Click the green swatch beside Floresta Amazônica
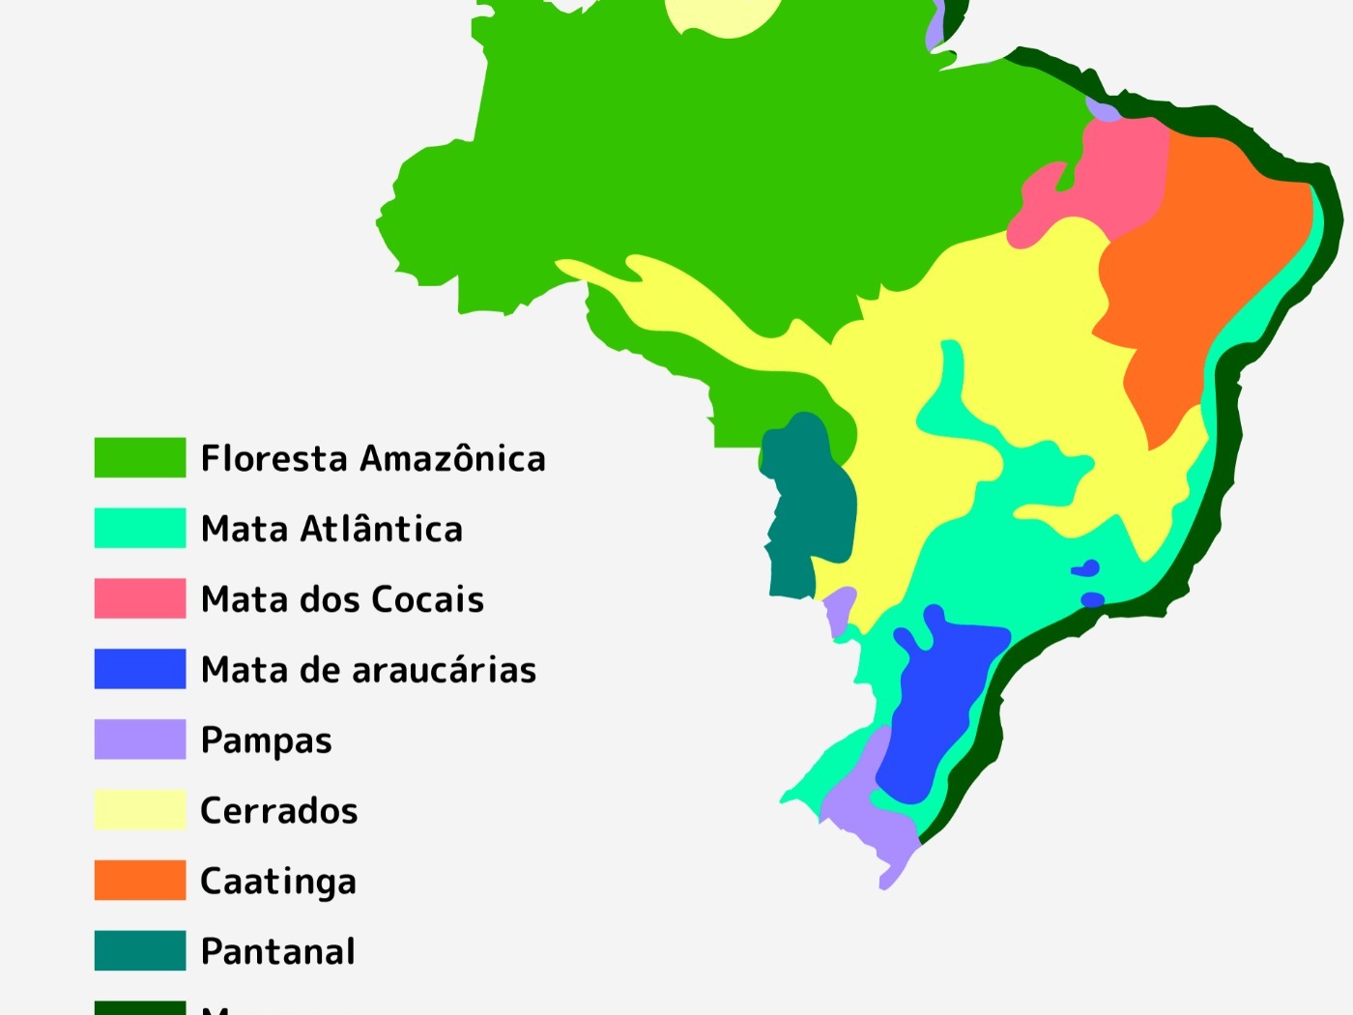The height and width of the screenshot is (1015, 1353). click(x=139, y=457)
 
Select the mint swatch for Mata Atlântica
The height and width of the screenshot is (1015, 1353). click(x=139, y=528)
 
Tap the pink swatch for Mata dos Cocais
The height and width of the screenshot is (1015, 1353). click(x=139, y=598)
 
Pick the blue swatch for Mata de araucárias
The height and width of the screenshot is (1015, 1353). click(x=139, y=669)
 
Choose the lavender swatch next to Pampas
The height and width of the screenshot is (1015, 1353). click(x=139, y=739)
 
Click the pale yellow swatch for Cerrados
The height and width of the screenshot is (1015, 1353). click(x=139, y=810)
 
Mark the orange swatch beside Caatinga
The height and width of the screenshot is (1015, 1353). click(x=139, y=881)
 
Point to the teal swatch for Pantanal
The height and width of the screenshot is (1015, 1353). click(x=139, y=951)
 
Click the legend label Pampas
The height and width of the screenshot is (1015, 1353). click(x=266, y=741)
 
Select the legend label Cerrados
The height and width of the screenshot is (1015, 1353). click(x=278, y=811)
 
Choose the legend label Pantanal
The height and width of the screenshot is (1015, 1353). click(x=277, y=952)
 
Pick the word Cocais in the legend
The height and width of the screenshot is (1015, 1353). click(x=427, y=599)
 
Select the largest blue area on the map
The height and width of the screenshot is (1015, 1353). click(x=937, y=706)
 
